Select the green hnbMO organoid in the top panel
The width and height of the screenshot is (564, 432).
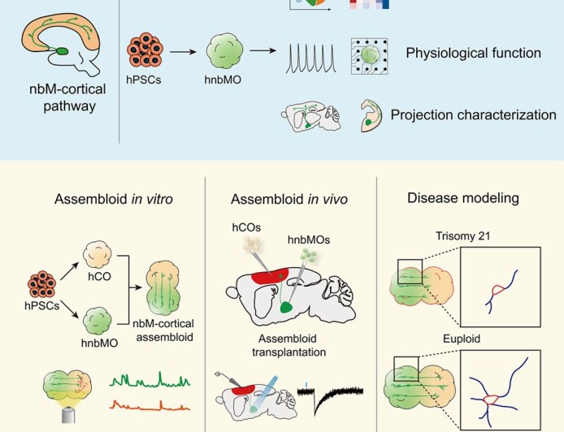(224, 54)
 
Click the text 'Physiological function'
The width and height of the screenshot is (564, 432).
(474, 54)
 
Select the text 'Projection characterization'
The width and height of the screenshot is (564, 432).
(474, 115)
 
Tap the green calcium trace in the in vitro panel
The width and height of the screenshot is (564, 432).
(150, 378)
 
